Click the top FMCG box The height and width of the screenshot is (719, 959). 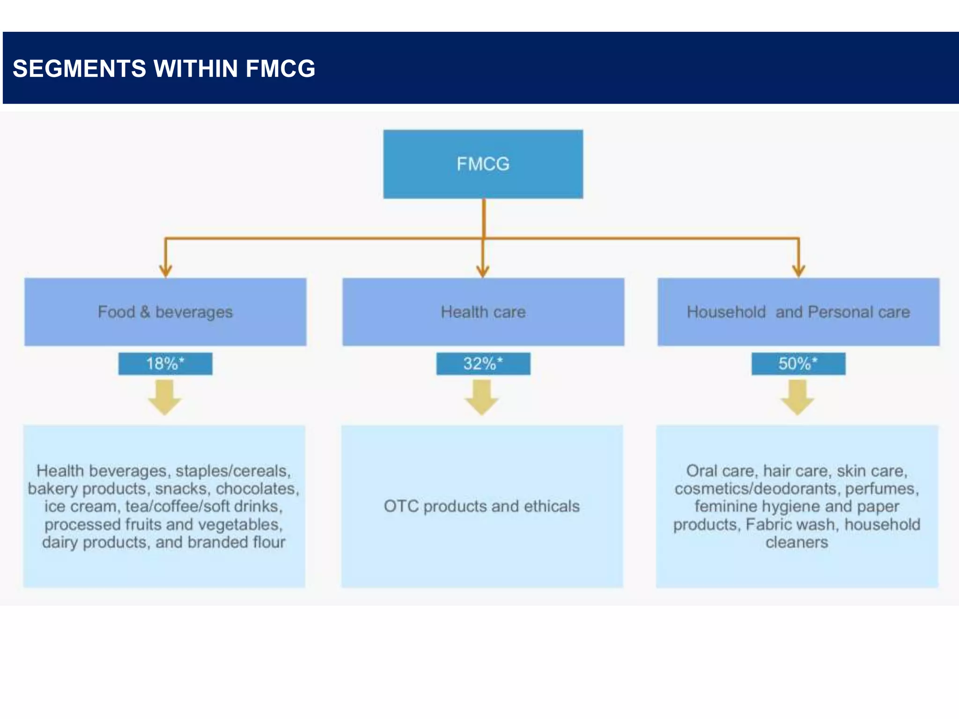point(483,164)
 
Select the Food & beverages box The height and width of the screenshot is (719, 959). point(165,312)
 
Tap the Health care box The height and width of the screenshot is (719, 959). point(483,312)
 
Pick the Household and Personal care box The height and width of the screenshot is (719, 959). point(798,312)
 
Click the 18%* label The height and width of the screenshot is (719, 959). point(165,364)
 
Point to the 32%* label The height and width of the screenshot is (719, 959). point(483,364)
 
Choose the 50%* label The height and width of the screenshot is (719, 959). point(798,364)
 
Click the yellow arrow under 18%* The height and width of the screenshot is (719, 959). point(164,397)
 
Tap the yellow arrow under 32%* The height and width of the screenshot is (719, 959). point(481,397)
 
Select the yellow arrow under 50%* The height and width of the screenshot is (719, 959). point(797,397)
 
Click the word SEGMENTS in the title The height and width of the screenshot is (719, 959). point(79,68)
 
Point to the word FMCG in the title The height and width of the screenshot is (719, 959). point(280,68)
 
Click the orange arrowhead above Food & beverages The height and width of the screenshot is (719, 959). point(165,271)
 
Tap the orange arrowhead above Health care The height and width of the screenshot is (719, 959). point(483,271)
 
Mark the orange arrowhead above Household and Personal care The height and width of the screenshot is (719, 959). point(798,271)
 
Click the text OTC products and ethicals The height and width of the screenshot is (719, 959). point(481,506)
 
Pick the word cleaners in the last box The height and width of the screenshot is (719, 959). point(797,542)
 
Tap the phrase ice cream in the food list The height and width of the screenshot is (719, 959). point(80,506)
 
